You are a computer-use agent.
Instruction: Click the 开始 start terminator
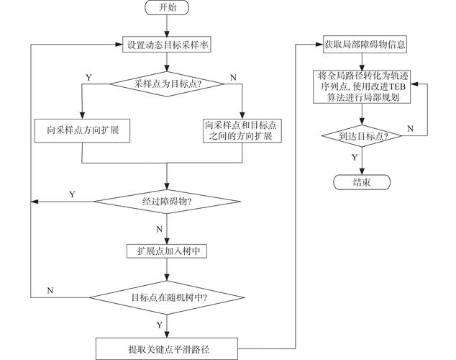(168, 9)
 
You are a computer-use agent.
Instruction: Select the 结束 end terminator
(361, 181)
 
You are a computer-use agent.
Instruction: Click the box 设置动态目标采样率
(168, 45)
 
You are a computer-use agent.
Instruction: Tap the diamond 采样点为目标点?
(167, 84)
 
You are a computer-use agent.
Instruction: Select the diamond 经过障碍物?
(167, 200)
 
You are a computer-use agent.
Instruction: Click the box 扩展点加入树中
(167, 250)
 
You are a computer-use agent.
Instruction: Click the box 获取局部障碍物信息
(361, 45)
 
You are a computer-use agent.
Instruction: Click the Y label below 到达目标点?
(354, 156)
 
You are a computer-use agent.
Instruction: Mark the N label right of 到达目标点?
(410, 128)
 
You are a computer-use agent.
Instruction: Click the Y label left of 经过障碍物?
(71, 194)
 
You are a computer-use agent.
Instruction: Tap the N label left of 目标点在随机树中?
(50, 289)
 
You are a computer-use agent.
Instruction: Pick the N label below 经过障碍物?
(159, 228)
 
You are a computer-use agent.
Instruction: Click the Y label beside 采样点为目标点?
(88, 76)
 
